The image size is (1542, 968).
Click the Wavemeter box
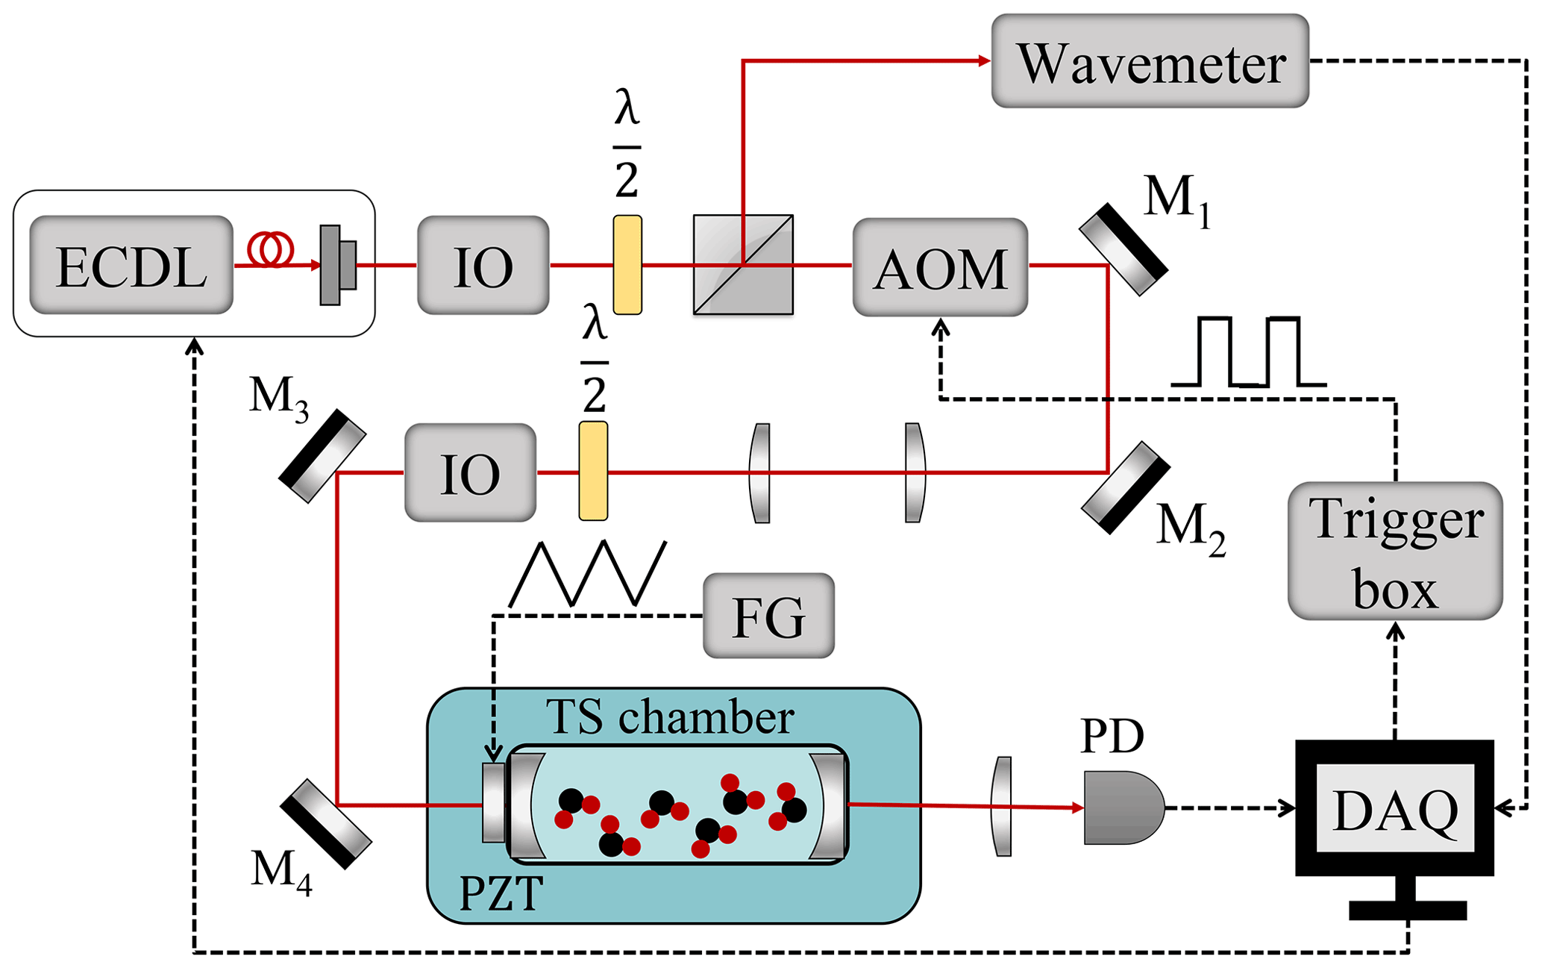click(x=1150, y=61)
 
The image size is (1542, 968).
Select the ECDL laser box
click(x=131, y=265)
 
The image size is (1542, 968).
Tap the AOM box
click(x=940, y=267)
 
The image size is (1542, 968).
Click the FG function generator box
click(x=768, y=616)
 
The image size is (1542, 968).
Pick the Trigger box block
click(x=1395, y=551)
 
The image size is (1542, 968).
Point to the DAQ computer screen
click(x=1395, y=808)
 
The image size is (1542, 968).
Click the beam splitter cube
click(x=743, y=265)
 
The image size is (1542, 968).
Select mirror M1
click(x=1123, y=249)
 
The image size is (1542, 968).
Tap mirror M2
click(x=1126, y=487)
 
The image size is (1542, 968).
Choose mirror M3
click(x=322, y=455)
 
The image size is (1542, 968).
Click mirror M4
click(x=326, y=824)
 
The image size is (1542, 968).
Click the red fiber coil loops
click(x=270, y=249)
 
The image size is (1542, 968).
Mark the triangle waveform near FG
click(x=587, y=573)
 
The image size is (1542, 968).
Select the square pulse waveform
click(x=1248, y=352)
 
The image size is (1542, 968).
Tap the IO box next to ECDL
click(x=483, y=265)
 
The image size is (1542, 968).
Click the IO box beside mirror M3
click(x=470, y=472)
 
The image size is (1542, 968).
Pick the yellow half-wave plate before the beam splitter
click(x=627, y=265)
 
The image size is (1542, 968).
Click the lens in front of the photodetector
click(x=1002, y=806)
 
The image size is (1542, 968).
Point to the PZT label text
click(x=501, y=893)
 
